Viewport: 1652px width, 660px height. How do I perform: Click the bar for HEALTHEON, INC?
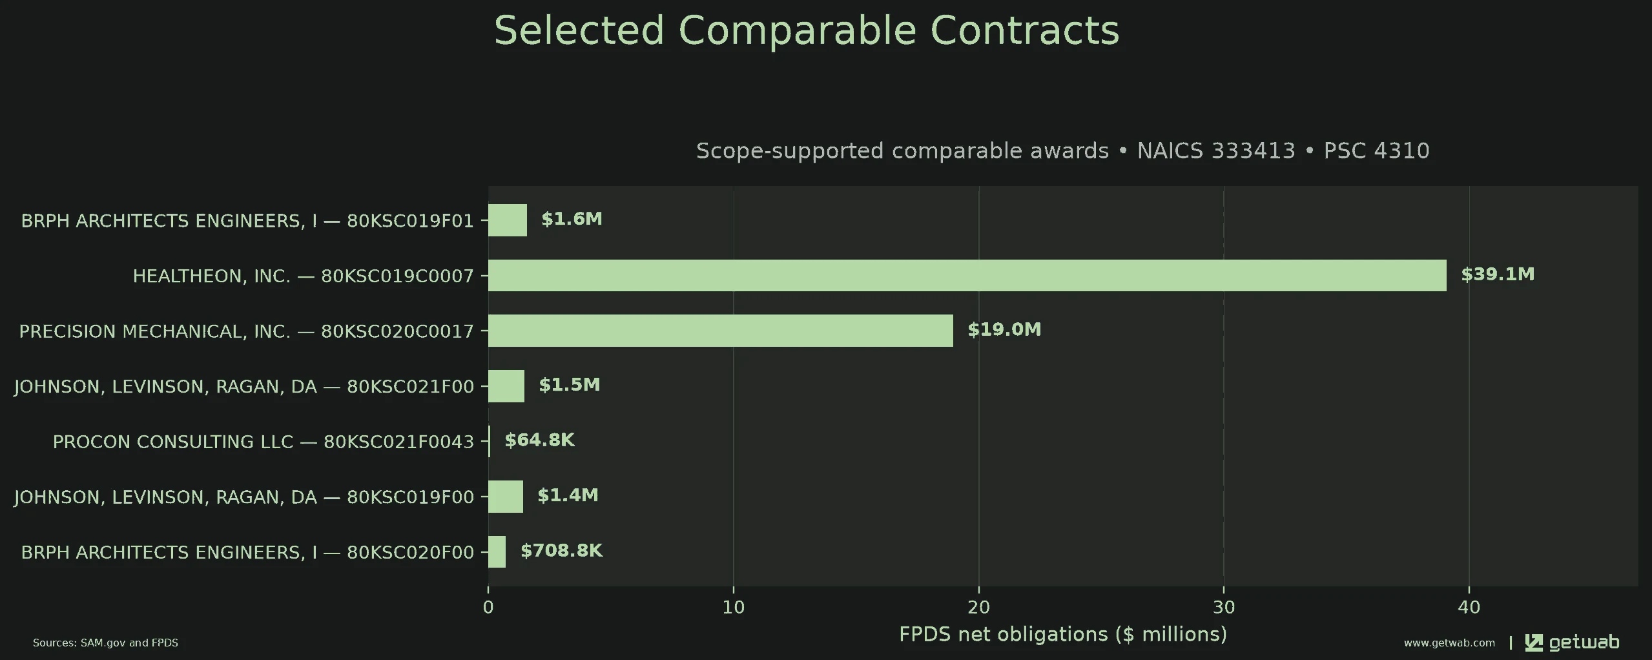click(x=967, y=276)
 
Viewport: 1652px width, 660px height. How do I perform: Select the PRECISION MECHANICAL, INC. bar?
click(x=720, y=331)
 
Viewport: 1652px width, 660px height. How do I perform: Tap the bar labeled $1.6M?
click(x=508, y=220)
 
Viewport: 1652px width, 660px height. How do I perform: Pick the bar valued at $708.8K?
click(x=497, y=552)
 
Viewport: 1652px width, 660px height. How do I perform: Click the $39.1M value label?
click(x=1498, y=274)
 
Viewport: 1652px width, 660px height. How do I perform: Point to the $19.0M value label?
click(x=1004, y=330)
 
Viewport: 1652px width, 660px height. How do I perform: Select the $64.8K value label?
click(x=539, y=440)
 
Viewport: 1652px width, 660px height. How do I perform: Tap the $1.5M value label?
click(x=570, y=385)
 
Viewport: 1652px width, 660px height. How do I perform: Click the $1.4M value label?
click(x=568, y=495)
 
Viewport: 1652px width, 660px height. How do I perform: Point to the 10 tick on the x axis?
click(x=733, y=607)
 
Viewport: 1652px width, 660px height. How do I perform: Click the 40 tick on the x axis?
click(x=1469, y=607)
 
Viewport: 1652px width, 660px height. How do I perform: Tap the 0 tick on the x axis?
click(x=488, y=607)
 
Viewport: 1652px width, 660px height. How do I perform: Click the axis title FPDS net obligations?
click(x=1063, y=635)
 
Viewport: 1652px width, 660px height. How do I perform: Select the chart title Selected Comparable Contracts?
click(x=807, y=30)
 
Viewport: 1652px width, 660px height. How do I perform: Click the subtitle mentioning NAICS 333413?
click(x=1063, y=151)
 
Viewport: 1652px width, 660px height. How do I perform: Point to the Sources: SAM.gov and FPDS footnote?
click(x=105, y=643)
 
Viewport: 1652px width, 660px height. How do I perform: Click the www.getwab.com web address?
click(x=1449, y=643)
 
